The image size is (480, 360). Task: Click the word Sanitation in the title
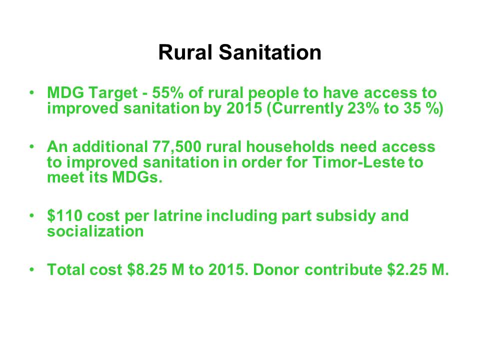[x=270, y=52]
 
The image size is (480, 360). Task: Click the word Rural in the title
[x=185, y=52]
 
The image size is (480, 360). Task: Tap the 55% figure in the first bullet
[x=168, y=93]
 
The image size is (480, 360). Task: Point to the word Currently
[x=307, y=108]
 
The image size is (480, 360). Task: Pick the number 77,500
[x=177, y=146]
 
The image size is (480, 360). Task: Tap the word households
[x=290, y=146]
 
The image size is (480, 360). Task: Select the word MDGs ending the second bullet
[x=137, y=178]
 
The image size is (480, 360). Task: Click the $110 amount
[x=65, y=215]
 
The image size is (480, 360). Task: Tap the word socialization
[x=95, y=231]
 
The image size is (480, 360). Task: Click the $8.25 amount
[x=147, y=269]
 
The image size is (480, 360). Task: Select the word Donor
[x=276, y=270]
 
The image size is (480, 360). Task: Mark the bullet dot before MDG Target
[x=31, y=92]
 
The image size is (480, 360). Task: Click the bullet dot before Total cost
[x=31, y=269]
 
